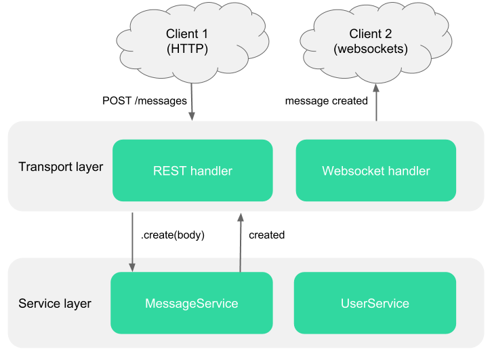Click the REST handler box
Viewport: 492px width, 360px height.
point(192,171)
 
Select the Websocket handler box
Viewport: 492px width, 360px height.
point(375,171)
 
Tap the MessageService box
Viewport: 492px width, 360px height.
point(192,303)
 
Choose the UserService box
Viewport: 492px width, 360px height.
point(375,303)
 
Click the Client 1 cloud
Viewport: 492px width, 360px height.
point(187,41)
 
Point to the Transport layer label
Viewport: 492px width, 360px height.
point(60,167)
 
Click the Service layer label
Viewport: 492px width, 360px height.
point(55,303)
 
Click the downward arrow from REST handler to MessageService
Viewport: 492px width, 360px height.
point(132,241)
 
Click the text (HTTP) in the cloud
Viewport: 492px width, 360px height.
point(187,49)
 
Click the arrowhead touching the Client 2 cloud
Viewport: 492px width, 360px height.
point(375,88)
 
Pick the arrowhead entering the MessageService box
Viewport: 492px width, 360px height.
point(132,267)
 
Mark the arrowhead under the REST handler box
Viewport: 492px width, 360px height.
point(239,217)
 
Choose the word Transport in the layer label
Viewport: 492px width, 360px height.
point(44,167)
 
